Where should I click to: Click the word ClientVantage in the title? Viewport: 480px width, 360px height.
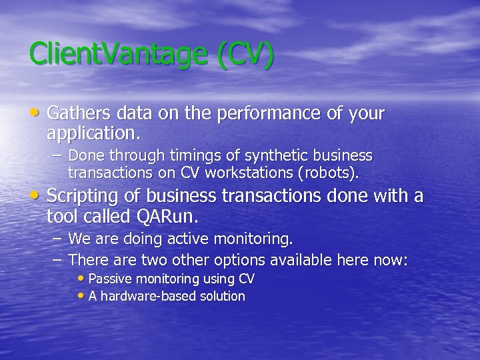(121, 55)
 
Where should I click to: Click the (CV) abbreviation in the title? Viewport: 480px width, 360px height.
(245, 55)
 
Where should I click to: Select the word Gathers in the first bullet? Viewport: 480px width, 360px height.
(75, 113)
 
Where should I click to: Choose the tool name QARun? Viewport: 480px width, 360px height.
(167, 217)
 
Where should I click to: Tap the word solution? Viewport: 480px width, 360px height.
(220, 296)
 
